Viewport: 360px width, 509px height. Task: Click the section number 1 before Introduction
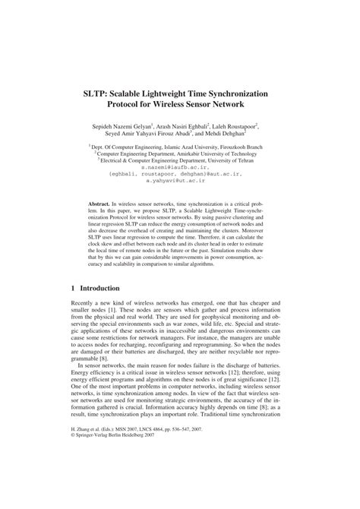[72, 289]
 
